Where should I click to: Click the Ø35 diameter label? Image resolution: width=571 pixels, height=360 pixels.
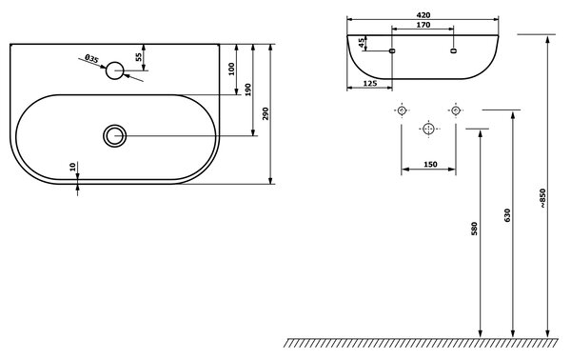pyautogui.click(x=91, y=59)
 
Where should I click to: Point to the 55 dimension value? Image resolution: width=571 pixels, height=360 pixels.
pyautogui.click(x=139, y=57)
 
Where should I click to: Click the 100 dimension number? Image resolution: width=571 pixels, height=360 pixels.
pyautogui.click(x=231, y=69)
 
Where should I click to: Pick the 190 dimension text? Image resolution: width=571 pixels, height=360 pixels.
pyautogui.click(x=248, y=90)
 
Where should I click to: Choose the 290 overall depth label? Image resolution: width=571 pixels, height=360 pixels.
pyautogui.click(x=266, y=114)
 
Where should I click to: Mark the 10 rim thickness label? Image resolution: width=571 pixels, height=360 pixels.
pyautogui.click(x=72, y=167)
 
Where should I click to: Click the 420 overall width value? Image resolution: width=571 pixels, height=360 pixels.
pyautogui.click(x=423, y=15)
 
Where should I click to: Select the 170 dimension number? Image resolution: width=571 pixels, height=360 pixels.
pyautogui.click(x=423, y=25)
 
